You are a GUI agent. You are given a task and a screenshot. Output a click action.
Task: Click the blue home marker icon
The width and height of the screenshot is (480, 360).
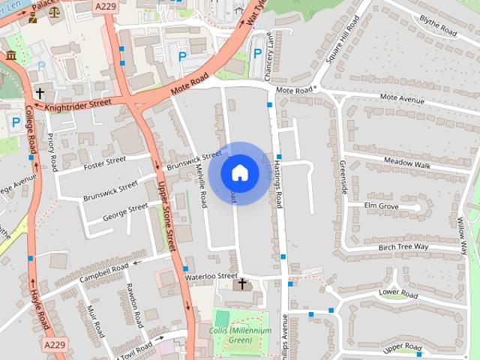239,173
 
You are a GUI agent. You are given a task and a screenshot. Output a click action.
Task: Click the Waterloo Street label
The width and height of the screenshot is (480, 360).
211,276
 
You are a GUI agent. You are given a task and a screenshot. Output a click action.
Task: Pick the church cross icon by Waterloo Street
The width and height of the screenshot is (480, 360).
242,284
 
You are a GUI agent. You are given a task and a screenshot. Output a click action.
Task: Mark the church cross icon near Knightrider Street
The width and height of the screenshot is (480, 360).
38,94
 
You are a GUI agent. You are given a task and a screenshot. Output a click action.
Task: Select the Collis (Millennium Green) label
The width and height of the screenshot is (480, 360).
235,334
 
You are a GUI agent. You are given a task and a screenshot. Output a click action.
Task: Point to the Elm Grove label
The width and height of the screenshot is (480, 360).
381,205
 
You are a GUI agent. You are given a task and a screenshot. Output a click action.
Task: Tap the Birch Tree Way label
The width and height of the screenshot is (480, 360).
403,247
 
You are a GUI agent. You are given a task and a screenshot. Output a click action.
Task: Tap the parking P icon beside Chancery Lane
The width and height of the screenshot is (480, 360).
257,53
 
